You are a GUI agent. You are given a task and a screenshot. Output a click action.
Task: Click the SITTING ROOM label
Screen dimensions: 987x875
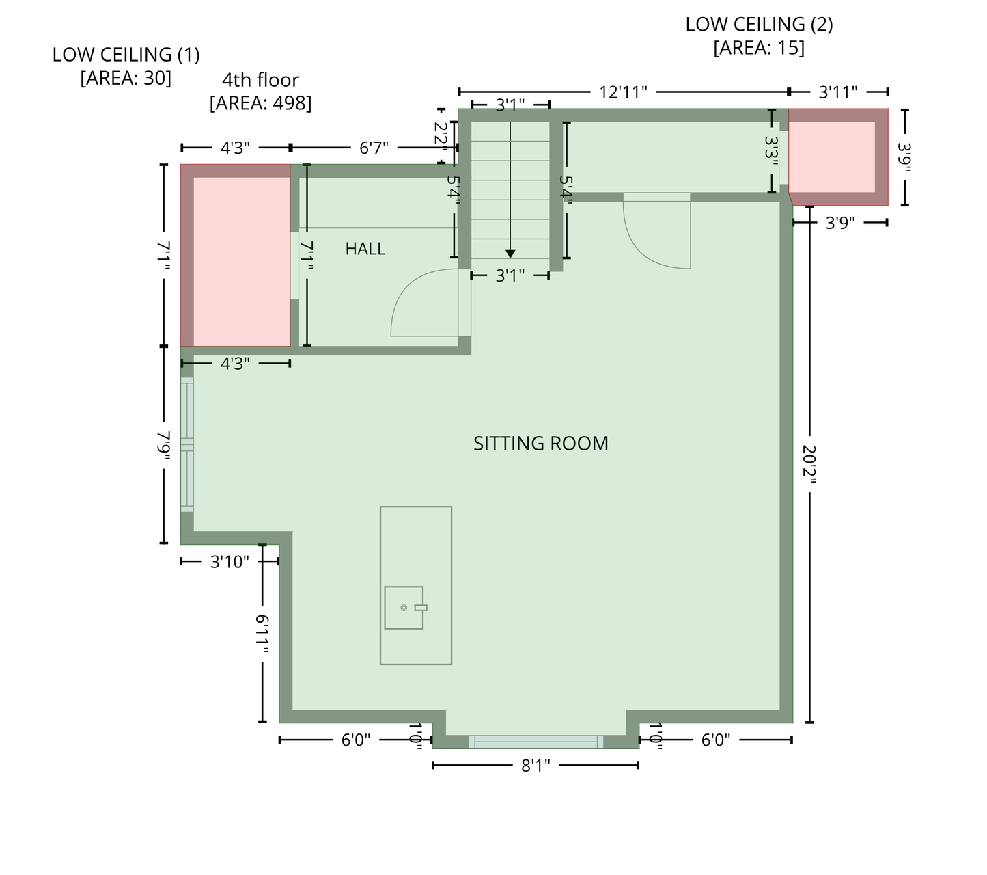pos(541,444)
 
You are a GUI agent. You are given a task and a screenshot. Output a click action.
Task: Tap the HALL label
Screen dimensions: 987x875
pos(365,250)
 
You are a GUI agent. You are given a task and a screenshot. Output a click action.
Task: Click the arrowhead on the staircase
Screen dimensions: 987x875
pos(510,254)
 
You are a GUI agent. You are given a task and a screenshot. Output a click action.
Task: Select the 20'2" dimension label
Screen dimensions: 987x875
pos(809,464)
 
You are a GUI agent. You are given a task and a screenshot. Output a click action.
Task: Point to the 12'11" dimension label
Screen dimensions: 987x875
pos(623,92)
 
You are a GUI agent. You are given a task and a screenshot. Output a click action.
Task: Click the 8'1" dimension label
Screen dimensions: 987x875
pos(536,766)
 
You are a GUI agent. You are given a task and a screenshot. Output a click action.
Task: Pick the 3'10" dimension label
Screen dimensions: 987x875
pos(230,562)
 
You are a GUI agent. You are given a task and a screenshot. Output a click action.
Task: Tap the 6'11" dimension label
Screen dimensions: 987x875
pos(262,634)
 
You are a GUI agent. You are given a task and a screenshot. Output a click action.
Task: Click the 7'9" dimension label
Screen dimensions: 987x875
pos(164,446)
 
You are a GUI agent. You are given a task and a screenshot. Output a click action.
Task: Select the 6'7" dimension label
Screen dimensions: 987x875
pos(374,148)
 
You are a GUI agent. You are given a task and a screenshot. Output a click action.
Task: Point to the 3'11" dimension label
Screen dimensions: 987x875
pos(838,92)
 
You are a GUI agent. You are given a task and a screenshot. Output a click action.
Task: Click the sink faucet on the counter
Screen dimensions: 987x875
pos(421,608)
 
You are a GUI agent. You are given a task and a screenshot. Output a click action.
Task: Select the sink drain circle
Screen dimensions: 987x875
pos(404,608)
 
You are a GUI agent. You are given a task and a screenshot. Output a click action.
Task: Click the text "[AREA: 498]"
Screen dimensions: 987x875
pos(261,103)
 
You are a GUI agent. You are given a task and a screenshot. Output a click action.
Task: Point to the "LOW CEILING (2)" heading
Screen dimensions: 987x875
pos(759,25)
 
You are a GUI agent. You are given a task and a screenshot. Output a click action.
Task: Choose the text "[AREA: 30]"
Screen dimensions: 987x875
pos(126,78)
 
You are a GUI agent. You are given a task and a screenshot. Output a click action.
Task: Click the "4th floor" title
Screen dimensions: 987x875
pos(261,79)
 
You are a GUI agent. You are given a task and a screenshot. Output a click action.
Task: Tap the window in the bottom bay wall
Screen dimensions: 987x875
pos(536,742)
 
